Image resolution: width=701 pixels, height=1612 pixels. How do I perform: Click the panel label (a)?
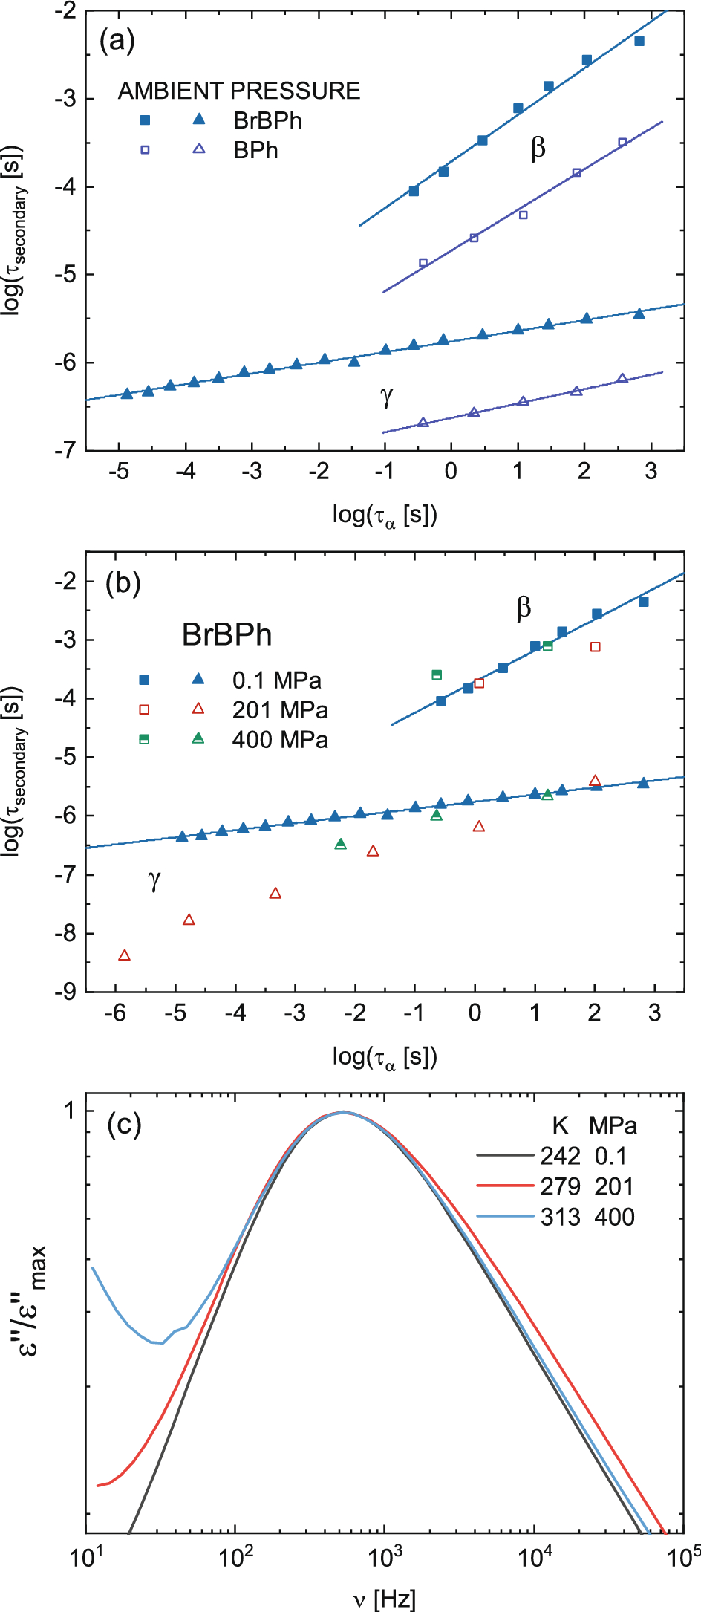[117, 41]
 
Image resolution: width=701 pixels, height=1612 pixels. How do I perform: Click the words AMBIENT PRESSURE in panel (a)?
[239, 91]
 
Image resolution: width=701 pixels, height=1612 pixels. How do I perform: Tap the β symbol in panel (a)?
[538, 148]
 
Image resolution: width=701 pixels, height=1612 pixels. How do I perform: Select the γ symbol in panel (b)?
[154, 880]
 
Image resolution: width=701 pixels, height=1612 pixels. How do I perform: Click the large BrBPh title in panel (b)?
[227, 635]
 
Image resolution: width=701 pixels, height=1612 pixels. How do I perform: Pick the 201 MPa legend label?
[280, 710]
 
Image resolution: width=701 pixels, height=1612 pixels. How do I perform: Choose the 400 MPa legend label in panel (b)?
[280, 740]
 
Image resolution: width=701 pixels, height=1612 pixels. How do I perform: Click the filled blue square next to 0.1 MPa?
[145, 680]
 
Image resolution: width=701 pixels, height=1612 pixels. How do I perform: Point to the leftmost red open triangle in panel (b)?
[125, 955]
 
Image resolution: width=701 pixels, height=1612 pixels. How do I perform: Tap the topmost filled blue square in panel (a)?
[639, 41]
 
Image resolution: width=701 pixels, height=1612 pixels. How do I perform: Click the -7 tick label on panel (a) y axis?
[65, 450]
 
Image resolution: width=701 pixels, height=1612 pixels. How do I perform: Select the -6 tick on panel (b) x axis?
[116, 1013]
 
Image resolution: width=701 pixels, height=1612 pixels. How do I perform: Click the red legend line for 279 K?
[505, 1186]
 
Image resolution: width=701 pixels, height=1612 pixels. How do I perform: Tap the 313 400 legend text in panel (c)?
[587, 1217]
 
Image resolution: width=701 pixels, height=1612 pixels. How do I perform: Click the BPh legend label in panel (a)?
[255, 150]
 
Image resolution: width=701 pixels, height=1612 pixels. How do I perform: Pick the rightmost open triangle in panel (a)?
[622, 378]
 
